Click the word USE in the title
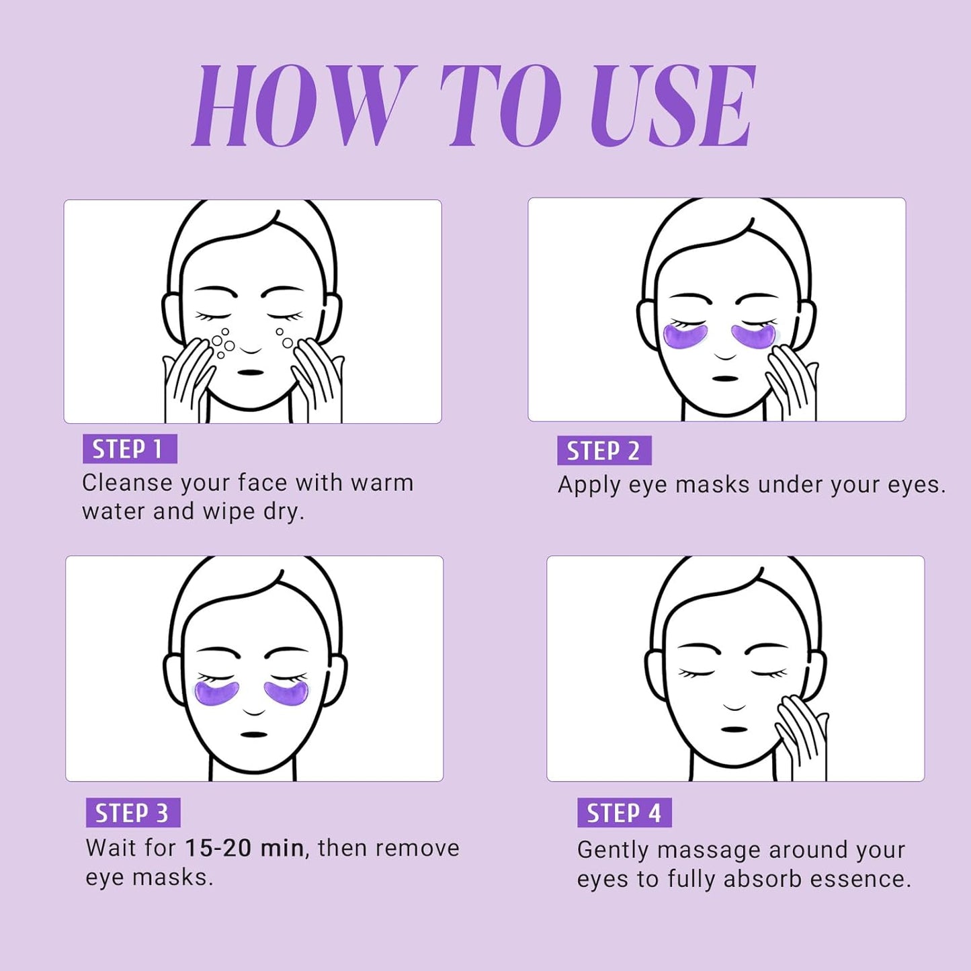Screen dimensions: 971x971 click(x=672, y=105)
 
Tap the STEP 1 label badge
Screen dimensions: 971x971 click(x=130, y=448)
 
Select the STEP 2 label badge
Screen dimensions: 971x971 click(x=604, y=450)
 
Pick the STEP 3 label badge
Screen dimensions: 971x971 click(x=132, y=813)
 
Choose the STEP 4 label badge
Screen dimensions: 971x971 click(x=624, y=813)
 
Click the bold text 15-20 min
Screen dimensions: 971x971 click(x=245, y=848)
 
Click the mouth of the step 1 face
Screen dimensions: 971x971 click(x=251, y=372)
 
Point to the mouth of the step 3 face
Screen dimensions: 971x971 click(x=254, y=734)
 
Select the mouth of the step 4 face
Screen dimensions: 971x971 click(x=734, y=730)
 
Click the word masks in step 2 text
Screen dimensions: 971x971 click(x=712, y=484)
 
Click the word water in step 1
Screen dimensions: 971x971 click(x=114, y=512)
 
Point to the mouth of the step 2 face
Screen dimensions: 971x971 click(x=726, y=378)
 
